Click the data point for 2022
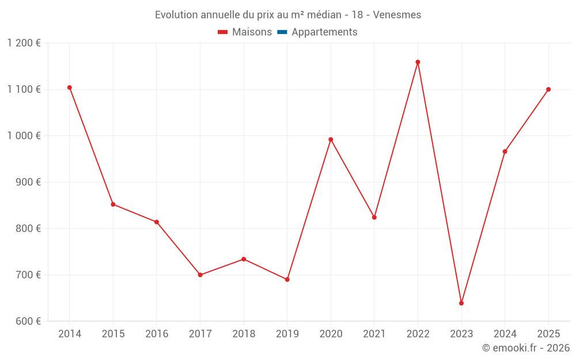[418, 62]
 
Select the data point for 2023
[461, 303]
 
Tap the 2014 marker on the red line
[70, 88]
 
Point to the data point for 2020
[331, 139]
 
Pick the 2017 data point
[200, 275]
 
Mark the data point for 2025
[548, 89]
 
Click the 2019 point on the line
[287, 279]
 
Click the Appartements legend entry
[324, 32]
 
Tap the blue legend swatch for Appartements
[282, 32]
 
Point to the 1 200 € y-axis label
[24, 43]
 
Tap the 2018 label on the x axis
[244, 334]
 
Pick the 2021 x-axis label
[374, 334]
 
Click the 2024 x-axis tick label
[505, 334]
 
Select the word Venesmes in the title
[397, 15]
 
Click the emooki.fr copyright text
[526, 348]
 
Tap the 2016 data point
[157, 222]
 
